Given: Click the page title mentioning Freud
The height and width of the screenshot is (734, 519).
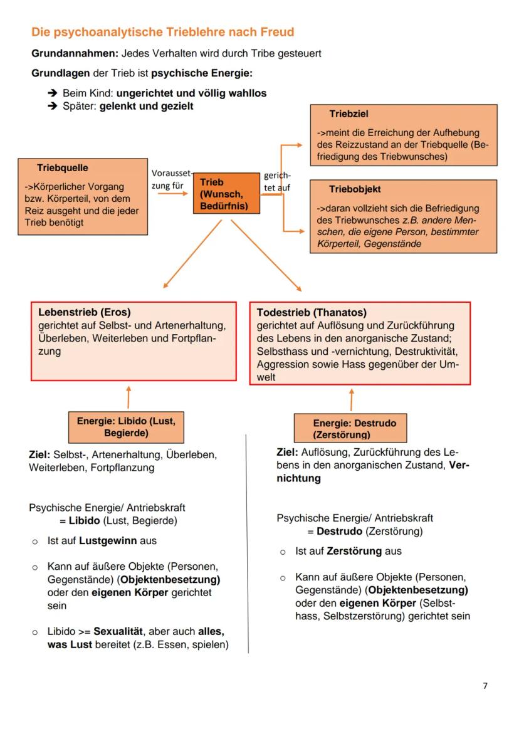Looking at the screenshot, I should pos(162,32).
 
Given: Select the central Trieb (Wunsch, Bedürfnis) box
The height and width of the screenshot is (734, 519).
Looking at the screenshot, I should pos(226,194).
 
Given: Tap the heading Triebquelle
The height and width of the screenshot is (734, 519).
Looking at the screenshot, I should pos(63,168).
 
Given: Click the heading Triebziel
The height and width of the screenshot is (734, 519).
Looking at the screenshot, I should pos(349,114).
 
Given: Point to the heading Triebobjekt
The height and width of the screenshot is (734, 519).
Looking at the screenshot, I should pos(355,189).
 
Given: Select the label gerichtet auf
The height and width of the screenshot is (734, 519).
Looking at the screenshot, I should pos(276,181).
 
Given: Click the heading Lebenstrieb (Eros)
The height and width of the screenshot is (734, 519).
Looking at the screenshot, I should pos(85,312).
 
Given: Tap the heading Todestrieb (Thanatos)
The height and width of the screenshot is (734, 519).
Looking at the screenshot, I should pos(312,312).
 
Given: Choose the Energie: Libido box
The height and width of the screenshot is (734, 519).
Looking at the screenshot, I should pos(126,427).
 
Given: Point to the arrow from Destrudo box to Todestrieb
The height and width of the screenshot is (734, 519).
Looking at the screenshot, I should pos(351,400).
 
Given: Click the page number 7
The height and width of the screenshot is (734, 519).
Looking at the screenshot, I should pos(485,686).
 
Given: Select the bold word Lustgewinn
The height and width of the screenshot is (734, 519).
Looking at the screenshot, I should pos(108,540).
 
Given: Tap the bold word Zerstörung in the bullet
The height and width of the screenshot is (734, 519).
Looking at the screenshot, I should pos(354,551).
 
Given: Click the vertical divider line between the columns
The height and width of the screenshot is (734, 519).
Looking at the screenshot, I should pos(248,545).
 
